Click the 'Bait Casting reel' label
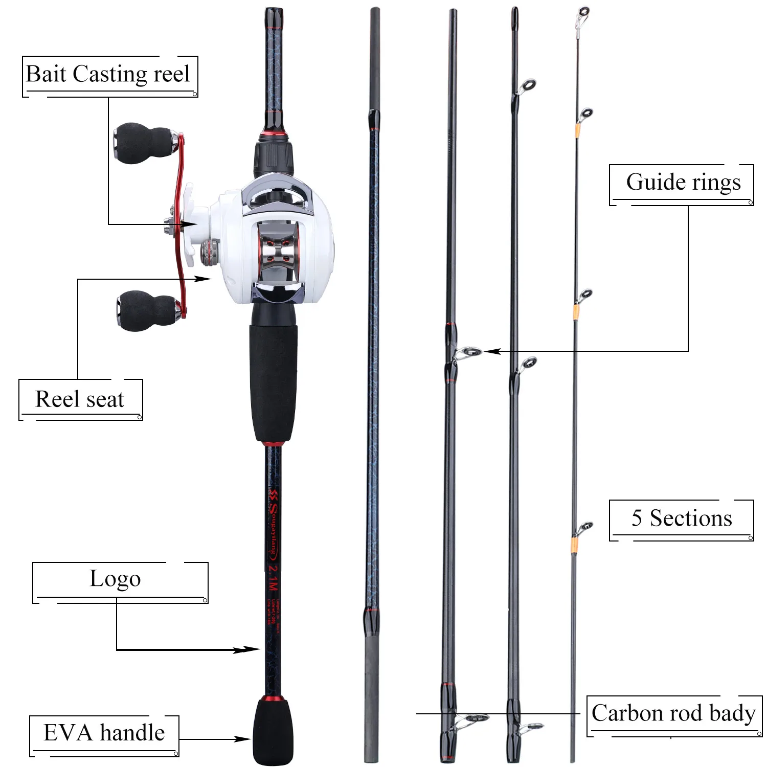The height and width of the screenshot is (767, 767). (x=108, y=75)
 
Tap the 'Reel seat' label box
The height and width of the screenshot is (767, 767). (x=80, y=399)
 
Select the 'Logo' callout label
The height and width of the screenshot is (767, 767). (x=116, y=579)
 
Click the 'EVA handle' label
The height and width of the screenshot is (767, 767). (x=104, y=733)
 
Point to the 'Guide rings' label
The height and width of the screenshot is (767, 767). (x=683, y=183)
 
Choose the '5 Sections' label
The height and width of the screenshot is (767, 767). (x=682, y=518)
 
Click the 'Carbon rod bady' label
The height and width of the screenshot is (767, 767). (x=673, y=713)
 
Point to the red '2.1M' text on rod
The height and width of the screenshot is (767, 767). (x=274, y=577)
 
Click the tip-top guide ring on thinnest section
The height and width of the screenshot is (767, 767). (x=583, y=11)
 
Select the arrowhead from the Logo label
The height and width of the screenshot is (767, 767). (x=251, y=649)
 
